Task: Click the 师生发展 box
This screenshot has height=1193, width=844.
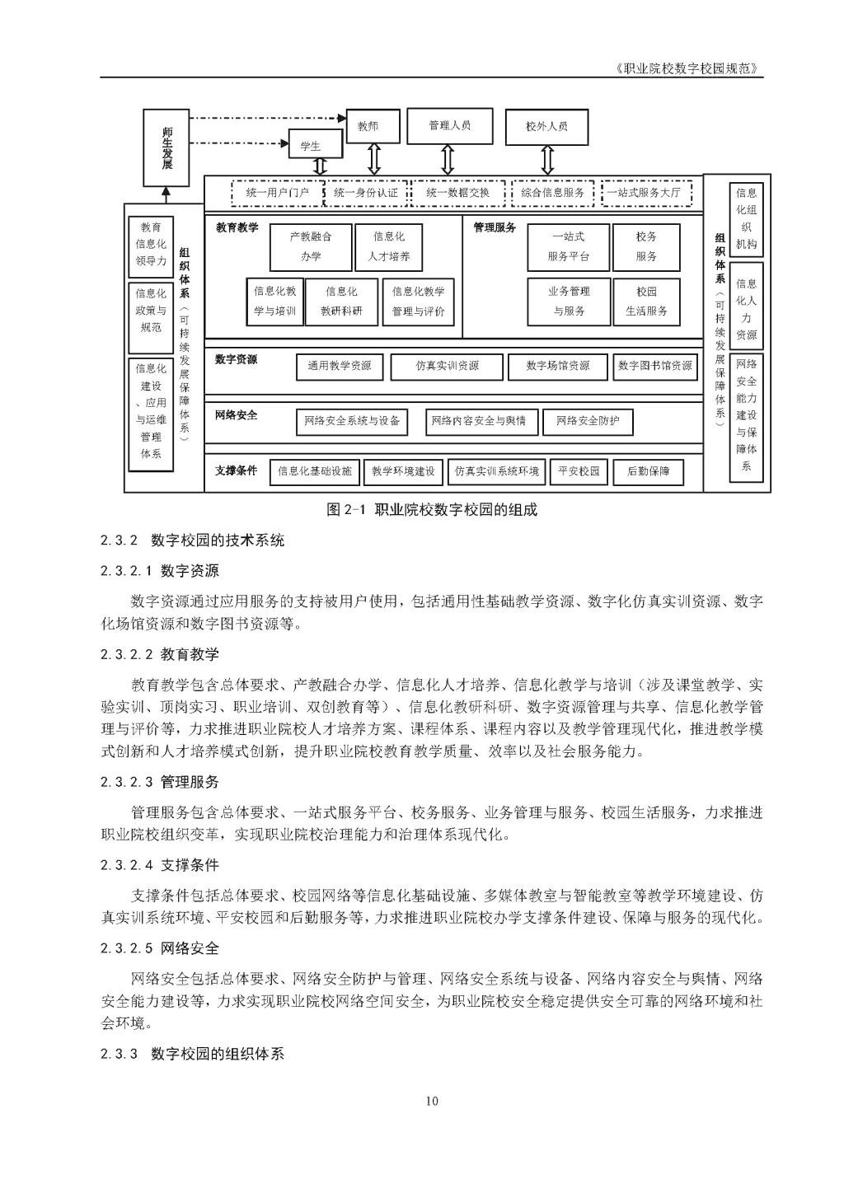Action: [166, 148]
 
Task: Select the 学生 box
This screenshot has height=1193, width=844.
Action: [310, 146]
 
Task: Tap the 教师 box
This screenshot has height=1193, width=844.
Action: [372, 127]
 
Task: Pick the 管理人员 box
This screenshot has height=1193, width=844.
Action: [449, 126]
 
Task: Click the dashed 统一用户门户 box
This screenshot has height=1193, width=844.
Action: [277, 193]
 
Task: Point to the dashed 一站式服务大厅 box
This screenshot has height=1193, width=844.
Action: [645, 193]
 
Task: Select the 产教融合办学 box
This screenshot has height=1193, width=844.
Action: [310, 246]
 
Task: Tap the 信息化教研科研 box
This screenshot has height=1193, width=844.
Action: [341, 302]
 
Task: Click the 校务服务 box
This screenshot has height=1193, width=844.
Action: [646, 246]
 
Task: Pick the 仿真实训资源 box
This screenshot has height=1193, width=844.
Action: [447, 366]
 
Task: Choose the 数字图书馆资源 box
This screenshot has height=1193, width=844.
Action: [655, 366]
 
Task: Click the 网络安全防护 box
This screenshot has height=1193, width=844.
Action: [587, 421]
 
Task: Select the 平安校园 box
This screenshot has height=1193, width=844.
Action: [579, 471]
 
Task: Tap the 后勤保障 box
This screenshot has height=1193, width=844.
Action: [648, 471]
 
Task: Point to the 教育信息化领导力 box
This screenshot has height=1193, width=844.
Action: [151, 245]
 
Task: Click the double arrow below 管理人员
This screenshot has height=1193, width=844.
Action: [448, 157]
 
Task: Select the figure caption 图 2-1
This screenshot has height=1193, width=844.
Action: [431, 510]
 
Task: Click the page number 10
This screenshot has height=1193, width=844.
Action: [432, 1101]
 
